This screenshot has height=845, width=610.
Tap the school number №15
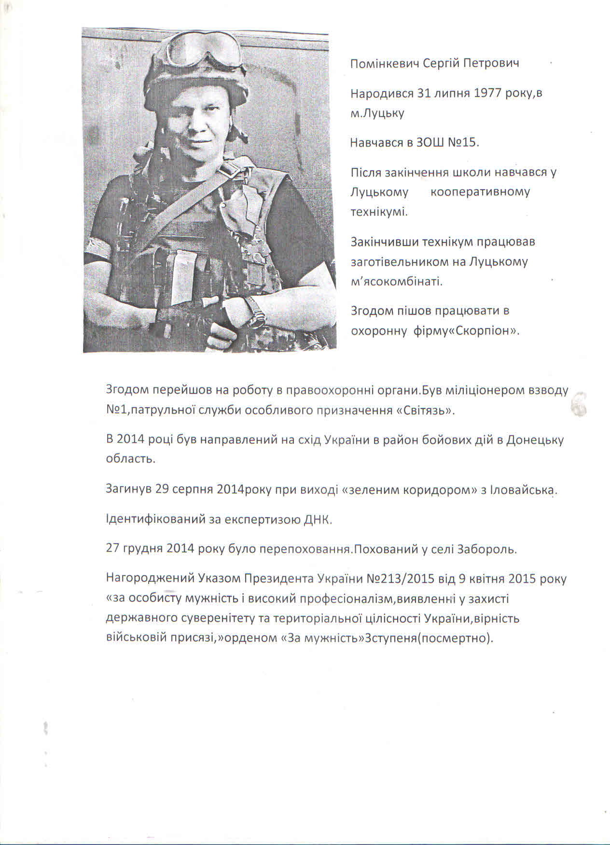pyautogui.click(x=462, y=143)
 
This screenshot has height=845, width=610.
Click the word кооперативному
pyautogui.click(x=480, y=192)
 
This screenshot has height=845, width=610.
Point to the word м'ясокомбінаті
pyautogui.click(x=396, y=282)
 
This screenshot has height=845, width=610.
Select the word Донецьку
pyautogui.click(x=535, y=440)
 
